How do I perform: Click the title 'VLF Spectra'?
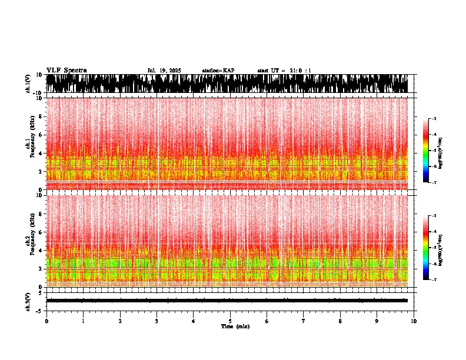pyautogui.click(x=66, y=70)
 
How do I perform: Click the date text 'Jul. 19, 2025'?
pyautogui.click(x=164, y=71)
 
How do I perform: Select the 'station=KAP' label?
pyautogui.click(x=218, y=71)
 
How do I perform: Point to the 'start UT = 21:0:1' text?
pyautogui.click(x=284, y=71)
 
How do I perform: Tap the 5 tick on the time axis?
pyautogui.click(x=230, y=321)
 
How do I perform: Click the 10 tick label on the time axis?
pyautogui.click(x=414, y=321)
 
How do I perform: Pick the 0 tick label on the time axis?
pyautogui.click(x=46, y=321)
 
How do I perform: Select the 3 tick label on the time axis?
pyautogui.click(x=157, y=321)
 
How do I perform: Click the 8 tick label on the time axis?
pyautogui.click(x=341, y=321)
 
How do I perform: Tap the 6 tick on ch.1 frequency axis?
pyautogui.click(x=41, y=135)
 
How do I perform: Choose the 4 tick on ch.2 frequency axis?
pyautogui.click(x=41, y=250)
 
